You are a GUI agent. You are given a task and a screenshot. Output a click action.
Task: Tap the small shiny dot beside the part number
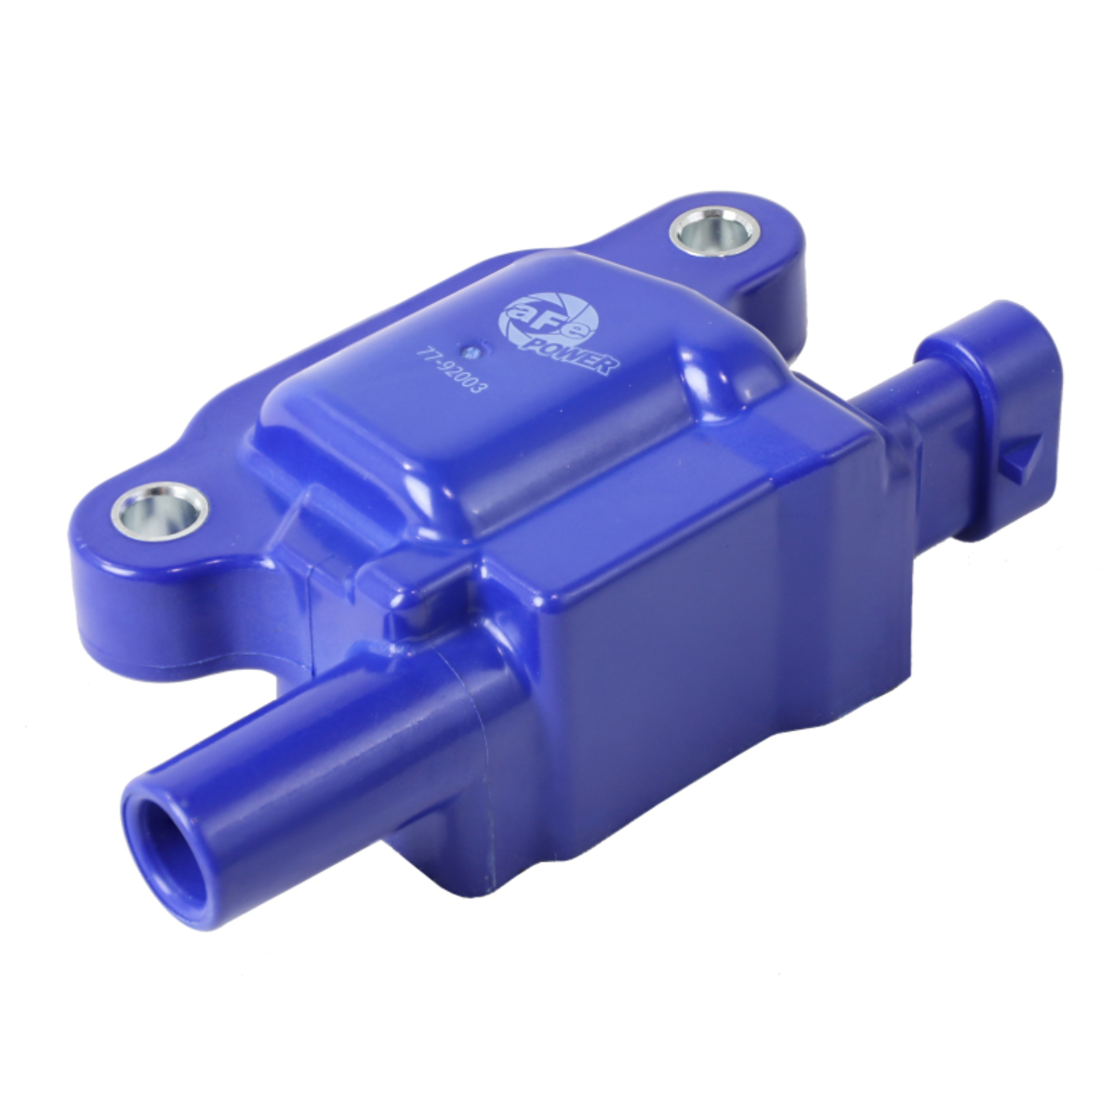(471, 351)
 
